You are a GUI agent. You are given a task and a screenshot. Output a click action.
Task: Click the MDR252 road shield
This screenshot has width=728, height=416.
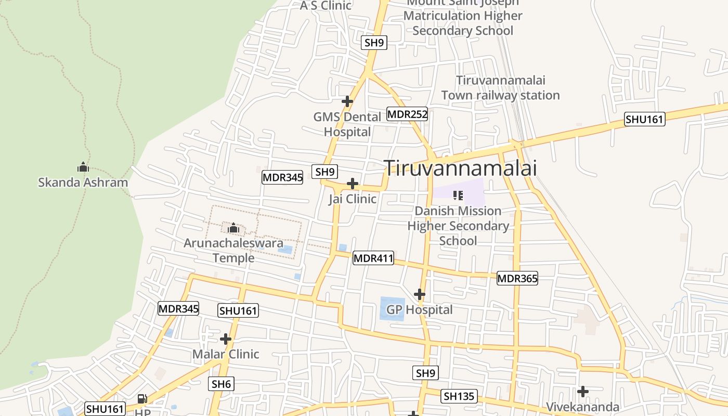click(x=407, y=114)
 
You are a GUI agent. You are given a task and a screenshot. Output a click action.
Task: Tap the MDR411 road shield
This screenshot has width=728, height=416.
click(x=373, y=257)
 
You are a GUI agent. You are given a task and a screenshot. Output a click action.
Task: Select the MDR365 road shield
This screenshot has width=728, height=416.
click(x=517, y=278)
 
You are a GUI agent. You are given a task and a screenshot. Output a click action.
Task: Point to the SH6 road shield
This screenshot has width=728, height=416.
click(x=222, y=384)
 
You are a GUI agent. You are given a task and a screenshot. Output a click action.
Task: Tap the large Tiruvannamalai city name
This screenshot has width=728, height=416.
click(x=460, y=168)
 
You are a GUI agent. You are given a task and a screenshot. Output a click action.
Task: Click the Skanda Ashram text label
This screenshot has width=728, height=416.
click(x=83, y=183)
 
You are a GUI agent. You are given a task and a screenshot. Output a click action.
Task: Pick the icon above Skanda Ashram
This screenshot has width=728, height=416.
click(x=83, y=167)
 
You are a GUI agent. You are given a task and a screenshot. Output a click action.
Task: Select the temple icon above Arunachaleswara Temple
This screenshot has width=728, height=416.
click(x=233, y=227)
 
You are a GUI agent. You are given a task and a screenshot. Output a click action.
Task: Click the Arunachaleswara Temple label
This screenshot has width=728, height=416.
click(x=233, y=250)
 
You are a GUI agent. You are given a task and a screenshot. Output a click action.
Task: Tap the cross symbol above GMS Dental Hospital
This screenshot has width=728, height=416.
click(x=347, y=101)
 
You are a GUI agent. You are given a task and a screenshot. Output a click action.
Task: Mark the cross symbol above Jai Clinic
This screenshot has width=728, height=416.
click(x=353, y=183)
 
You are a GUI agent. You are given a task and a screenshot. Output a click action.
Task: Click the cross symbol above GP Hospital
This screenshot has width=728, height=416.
click(x=420, y=294)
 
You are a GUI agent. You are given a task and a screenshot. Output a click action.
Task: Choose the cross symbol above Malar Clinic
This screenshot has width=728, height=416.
click(x=226, y=339)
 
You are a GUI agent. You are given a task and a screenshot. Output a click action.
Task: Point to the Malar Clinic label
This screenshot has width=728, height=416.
click(x=226, y=354)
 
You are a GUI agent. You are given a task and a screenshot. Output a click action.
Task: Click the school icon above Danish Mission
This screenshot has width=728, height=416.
click(x=458, y=196)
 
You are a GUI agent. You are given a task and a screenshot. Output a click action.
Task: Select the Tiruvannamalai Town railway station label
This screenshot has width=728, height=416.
click(x=500, y=88)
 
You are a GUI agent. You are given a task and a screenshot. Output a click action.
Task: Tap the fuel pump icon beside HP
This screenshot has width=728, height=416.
click(x=142, y=399)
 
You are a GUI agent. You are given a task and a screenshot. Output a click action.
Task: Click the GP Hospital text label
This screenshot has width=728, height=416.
click(x=419, y=310)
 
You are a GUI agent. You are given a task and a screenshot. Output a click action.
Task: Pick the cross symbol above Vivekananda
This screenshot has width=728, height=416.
click(x=583, y=391)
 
